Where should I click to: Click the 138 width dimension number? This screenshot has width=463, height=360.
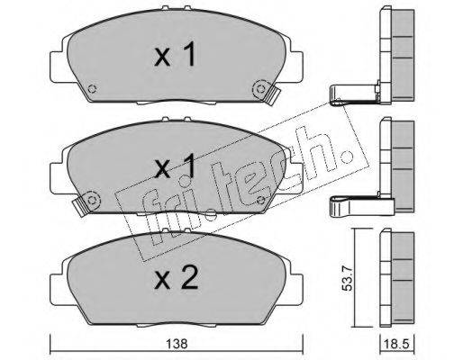(x=177, y=344)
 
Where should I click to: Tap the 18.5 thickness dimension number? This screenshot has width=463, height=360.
(x=396, y=344)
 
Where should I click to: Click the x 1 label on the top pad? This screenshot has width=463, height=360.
(x=175, y=54)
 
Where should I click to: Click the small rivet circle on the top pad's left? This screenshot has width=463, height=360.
(x=92, y=89)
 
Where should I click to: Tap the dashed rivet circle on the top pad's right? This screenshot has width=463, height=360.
(x=260, y=89)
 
